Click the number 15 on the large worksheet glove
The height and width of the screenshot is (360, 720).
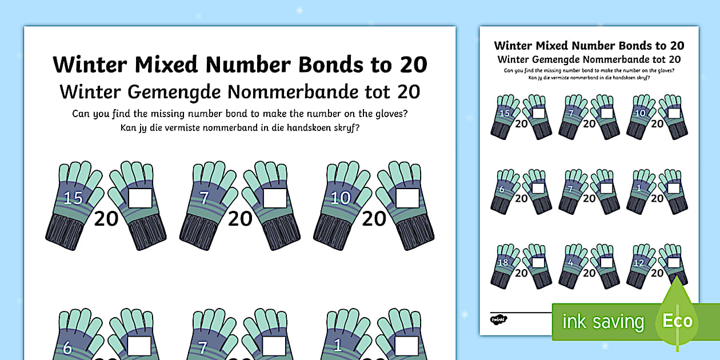(x=73, y=198)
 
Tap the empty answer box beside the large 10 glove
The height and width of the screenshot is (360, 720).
(x=407, y=198)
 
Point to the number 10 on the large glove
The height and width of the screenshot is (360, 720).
(x=341, y=198)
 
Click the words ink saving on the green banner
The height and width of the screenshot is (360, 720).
(x=602, y=322)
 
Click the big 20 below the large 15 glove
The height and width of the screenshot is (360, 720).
(x=106, y=218)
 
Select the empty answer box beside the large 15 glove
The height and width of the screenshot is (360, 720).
(x=140, y=198)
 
